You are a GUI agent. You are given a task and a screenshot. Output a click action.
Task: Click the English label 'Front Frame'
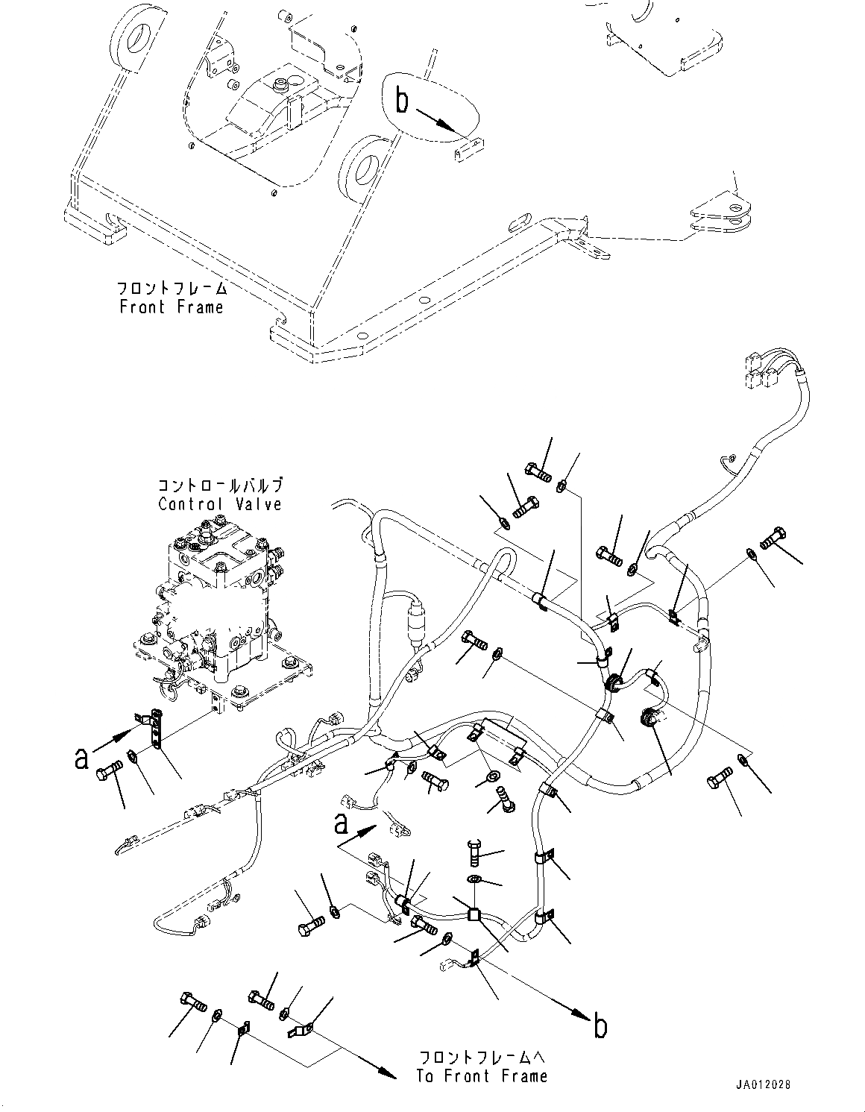pos(171,307)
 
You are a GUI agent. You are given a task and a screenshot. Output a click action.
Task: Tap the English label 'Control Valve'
pos(220,504)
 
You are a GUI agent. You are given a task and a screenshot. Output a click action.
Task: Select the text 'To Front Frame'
pos(482,1075)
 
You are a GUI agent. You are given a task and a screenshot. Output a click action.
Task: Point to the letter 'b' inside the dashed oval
pos(402,100)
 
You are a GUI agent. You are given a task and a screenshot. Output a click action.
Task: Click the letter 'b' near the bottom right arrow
pos(600,1026)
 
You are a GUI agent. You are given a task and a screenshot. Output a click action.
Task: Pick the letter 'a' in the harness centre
pos(340,824)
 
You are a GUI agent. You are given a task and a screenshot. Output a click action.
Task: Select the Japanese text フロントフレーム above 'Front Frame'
pos(171,288)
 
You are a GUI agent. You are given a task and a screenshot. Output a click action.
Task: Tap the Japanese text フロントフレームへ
pos(482,1058)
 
